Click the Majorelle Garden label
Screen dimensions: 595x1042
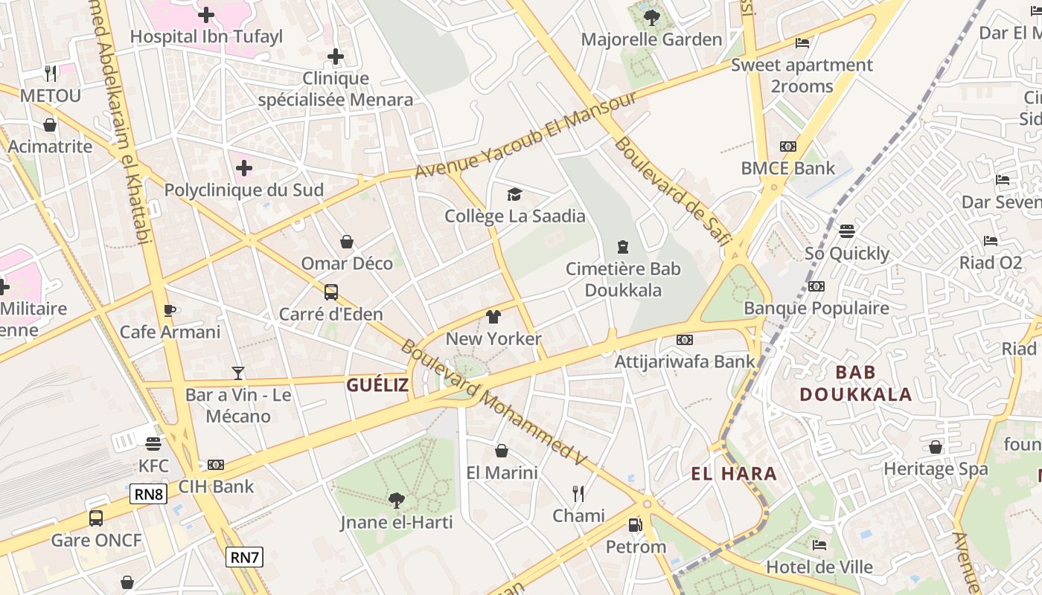click(651, 39)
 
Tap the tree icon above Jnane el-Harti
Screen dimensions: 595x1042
click(396, 500)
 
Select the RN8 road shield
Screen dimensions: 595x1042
click(148, 494)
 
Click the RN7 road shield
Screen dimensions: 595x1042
click(245, 556)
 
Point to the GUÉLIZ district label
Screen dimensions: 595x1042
click(377, 385)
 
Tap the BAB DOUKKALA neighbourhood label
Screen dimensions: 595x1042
click(856, 383)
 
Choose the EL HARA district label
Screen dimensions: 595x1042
click(734, 474)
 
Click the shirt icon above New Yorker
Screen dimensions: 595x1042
click(493, 317)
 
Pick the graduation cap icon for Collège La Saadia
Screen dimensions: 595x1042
click(514, 195)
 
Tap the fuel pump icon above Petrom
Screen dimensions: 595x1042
click(635, 525)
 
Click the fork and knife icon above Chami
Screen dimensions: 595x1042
click(578, 493)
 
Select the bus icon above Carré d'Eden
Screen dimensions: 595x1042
click(331, 292)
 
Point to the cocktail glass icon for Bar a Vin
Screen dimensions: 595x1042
click(238, 373)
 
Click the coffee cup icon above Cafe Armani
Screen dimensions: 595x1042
click(170, 310)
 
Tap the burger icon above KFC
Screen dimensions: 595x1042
click(153, 444)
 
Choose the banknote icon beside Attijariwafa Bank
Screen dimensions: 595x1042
click(685, 340)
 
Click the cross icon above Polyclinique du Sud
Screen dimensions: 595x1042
click(244, 168)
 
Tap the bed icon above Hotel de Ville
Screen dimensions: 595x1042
click(819, 545)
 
